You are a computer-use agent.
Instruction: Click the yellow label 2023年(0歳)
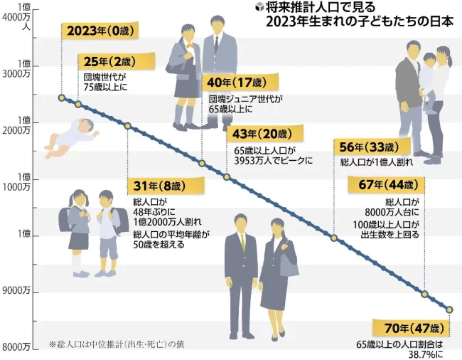coord(99,31)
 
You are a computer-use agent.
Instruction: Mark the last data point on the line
coord(448,309)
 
